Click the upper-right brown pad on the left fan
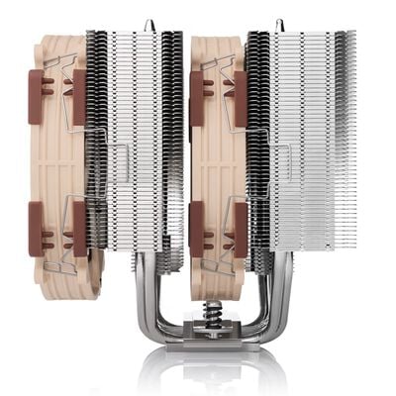[79, 97]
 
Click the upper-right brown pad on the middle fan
[240, 97]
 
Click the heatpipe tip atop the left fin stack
[148, 22]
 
